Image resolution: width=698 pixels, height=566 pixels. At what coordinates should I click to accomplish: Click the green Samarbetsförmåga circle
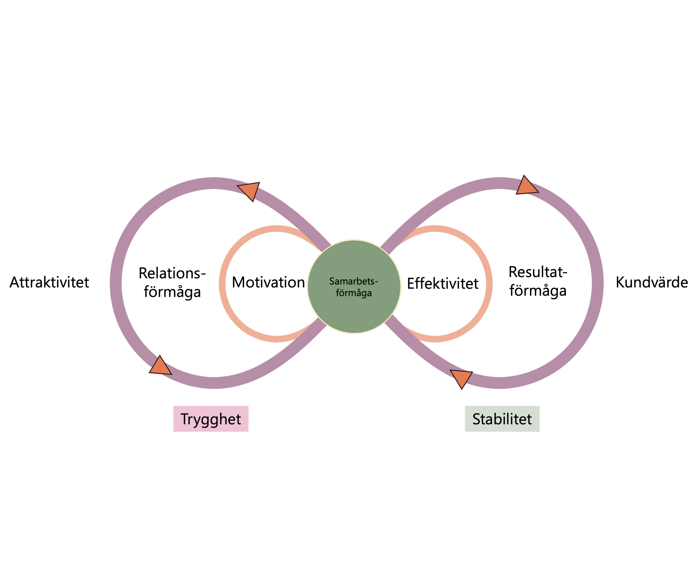354,286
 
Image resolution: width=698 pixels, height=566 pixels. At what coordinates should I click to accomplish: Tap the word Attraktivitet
49,282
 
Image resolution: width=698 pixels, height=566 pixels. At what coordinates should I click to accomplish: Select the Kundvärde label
652,282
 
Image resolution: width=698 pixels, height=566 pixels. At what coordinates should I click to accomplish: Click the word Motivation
268,282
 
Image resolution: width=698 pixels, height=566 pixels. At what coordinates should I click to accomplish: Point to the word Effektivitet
443,283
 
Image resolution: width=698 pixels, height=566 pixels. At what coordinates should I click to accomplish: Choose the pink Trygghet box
211,419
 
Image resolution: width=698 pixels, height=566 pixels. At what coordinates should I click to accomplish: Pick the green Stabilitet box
502,419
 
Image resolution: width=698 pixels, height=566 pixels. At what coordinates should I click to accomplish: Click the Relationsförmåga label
172,283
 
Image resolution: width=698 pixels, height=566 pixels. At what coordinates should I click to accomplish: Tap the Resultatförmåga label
538,282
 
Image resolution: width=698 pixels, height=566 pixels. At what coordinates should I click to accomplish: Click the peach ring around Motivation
222,284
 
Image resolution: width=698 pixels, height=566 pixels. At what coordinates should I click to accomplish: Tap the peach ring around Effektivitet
489,284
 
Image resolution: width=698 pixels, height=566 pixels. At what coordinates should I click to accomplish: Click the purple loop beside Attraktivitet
116,283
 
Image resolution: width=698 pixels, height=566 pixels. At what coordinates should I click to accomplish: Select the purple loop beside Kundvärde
597,283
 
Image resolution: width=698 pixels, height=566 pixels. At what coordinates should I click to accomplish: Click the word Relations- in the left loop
172,273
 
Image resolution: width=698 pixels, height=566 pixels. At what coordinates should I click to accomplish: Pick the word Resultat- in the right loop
538,272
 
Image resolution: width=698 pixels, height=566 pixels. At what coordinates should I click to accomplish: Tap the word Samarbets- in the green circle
354,281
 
